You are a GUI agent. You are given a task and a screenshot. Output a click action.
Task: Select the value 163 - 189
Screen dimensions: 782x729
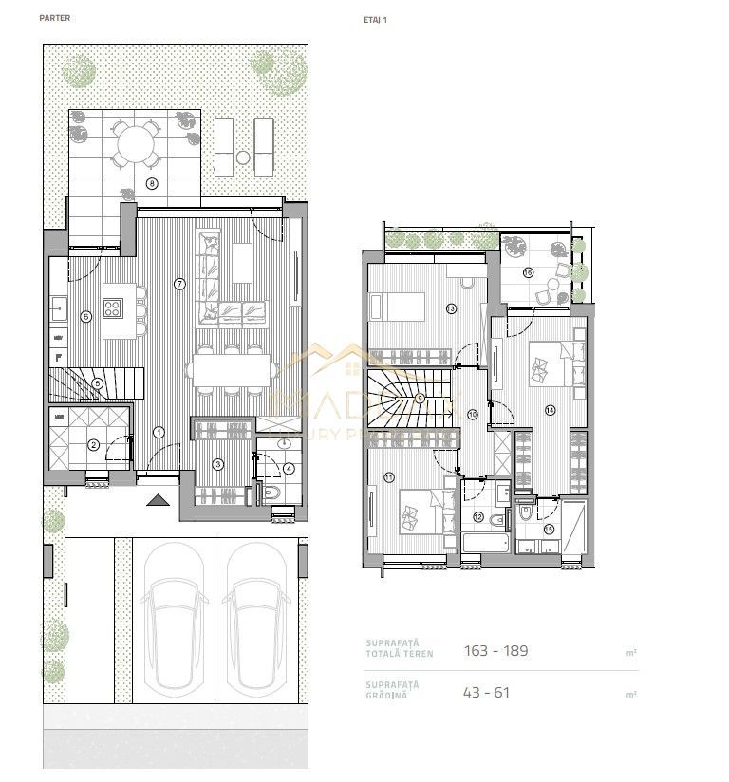tap(495, 651)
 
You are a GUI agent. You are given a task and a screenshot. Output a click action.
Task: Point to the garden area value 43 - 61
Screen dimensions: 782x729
tap(487, 692)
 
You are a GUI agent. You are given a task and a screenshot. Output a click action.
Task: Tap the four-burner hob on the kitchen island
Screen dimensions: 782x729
tap(113, 307)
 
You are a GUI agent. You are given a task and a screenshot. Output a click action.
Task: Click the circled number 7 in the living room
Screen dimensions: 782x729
tap(179, 283)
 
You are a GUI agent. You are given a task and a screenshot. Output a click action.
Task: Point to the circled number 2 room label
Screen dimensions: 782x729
tap(93, 444)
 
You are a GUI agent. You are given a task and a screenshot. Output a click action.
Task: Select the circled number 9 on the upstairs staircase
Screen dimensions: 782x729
tap(420, 399)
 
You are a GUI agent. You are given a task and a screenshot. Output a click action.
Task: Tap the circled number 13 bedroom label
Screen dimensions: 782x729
tap(451, 308)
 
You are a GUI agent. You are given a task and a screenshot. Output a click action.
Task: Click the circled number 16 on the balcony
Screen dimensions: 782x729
tap(528, 272)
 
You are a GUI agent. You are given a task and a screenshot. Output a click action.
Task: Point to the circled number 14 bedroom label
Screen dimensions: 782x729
tap(550, 410)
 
